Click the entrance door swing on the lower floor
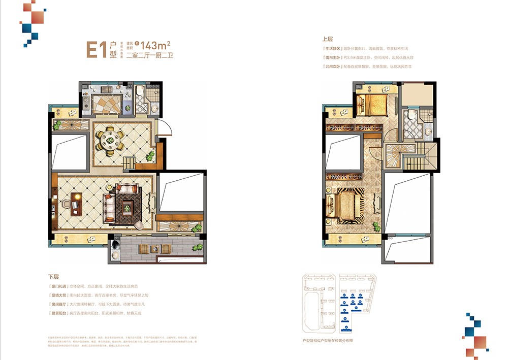point(162,128)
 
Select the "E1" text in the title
point(96,50)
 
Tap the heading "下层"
point(53,277)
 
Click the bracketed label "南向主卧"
point(333,57)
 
